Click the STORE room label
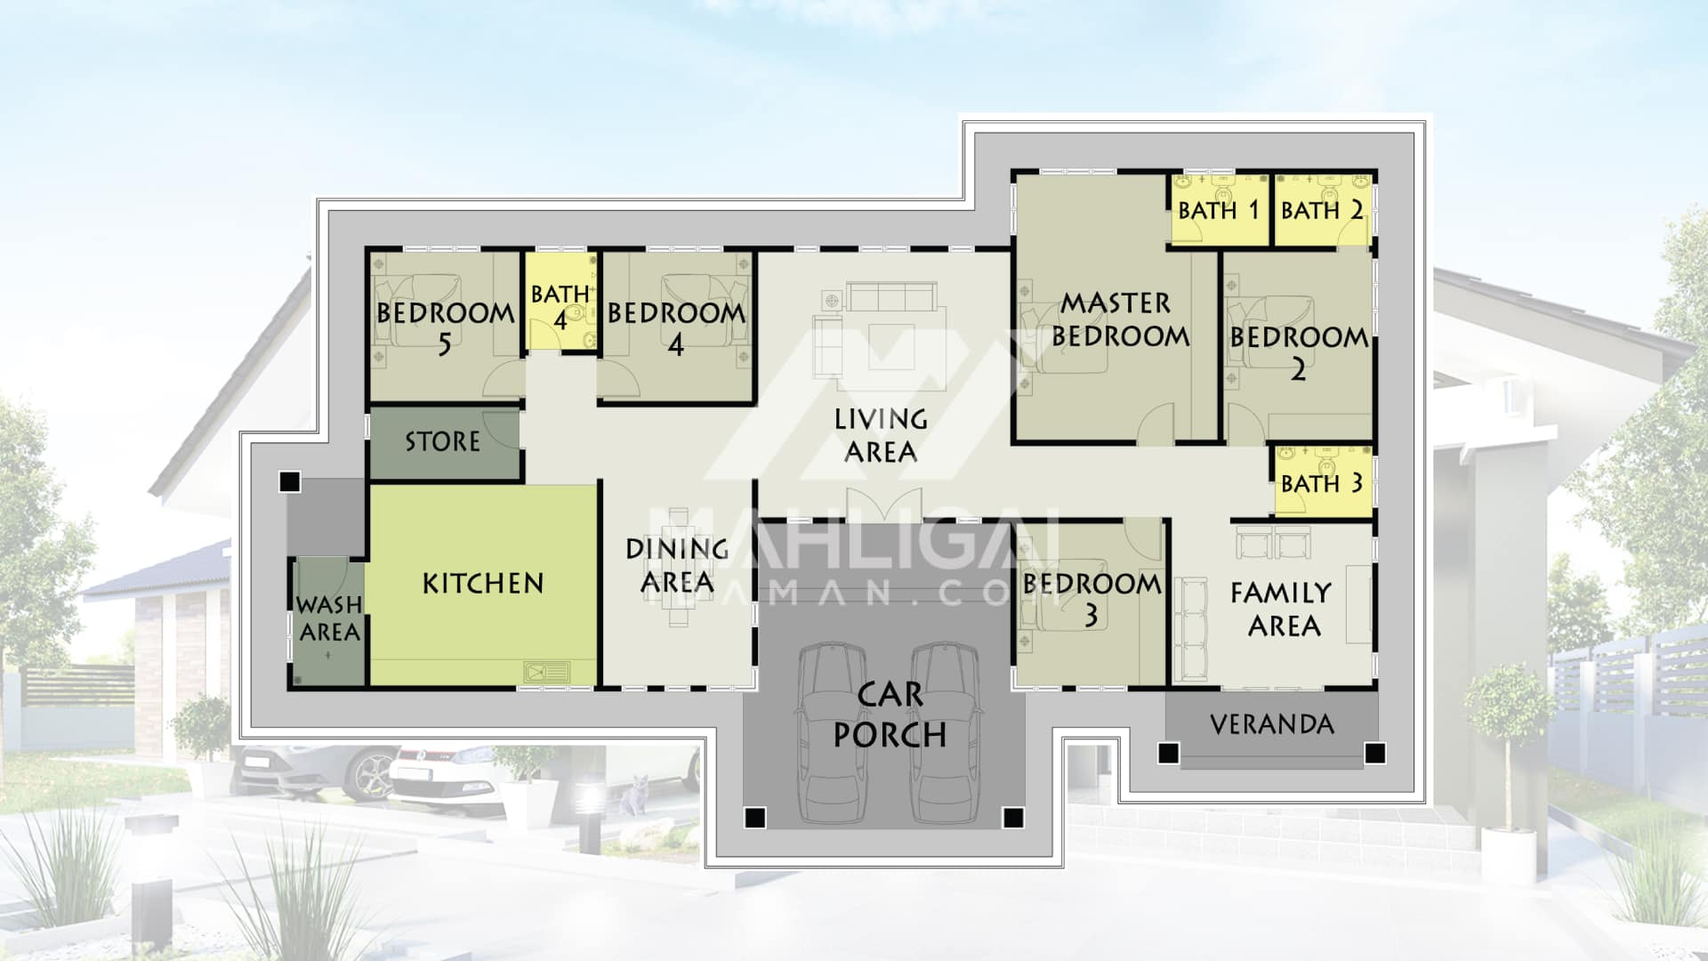tap(442, 441)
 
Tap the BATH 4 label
tap(560, 306)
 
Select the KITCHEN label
tap(483, 584)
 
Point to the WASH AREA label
tap(329, 618)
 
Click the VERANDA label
tap(1272, 724)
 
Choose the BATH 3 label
tap(1322, 484)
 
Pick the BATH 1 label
tap(1219, 211)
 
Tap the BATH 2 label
tap(1322, 211)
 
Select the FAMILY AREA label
tap(1282, 610)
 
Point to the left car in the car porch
tap(833, 731)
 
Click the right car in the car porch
tap(946, 731)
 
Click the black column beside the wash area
tap(289, 482)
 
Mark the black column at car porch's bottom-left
tap(754, 817)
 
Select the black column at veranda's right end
tap(1374, 754)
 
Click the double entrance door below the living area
tap(883, 505)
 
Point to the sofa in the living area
tap(891, 296)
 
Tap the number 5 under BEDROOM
tap(444, 344)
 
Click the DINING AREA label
tap(677, 566)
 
